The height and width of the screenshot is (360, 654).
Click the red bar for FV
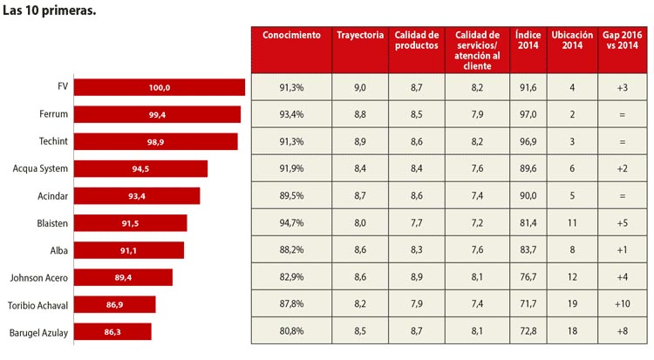[x=160, y=87]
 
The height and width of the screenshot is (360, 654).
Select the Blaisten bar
[x=131, y=223]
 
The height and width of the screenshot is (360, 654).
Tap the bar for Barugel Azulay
[x=112, y=331]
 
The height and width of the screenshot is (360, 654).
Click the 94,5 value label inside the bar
[x=140, y=169]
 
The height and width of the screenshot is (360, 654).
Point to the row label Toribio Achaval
[x=37, y=305]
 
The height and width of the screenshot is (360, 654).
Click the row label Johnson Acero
[x=38, y=278]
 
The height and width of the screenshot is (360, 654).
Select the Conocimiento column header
[x=291, y=35]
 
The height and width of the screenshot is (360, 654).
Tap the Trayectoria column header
[x=360, y=35]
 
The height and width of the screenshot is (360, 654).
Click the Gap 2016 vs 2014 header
[x=623, y=40]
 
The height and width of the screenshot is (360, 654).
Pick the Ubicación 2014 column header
[x=572, y=40]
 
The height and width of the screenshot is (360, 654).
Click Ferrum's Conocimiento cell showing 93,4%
[x=291, y=114]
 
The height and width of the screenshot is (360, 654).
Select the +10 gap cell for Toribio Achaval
[x=623, y=303]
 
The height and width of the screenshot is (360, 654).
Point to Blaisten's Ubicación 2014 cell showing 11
[x=572, y=223]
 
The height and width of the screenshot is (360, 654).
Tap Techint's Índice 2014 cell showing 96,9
[x=528, y=141]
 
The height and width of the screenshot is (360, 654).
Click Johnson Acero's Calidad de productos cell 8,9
[x=416, y=276]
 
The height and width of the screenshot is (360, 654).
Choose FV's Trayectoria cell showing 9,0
[x=360, y=87]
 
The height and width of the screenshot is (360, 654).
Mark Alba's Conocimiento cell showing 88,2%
[x=291, y=249]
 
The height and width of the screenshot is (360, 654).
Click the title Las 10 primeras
[x=49, y=10]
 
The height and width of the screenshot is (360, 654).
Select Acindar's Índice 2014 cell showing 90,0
[x=528, y=195]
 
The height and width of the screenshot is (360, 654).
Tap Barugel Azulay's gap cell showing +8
[x=623, y=331]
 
